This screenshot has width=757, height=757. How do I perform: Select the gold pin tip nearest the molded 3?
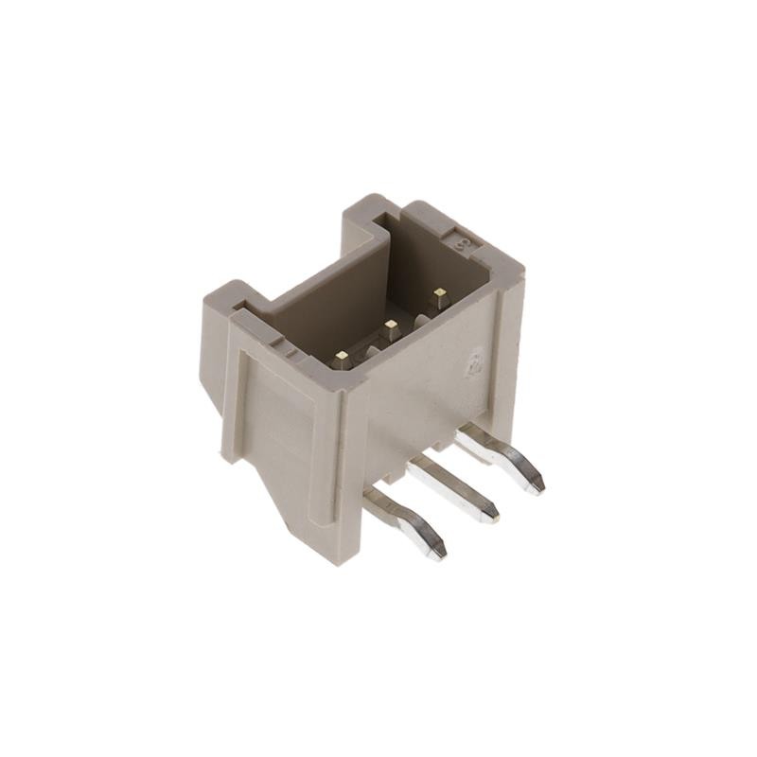pos(437,295)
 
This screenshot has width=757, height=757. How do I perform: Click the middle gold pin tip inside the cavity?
pos(390,327)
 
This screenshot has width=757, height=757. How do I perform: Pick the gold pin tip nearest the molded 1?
pos(343,359)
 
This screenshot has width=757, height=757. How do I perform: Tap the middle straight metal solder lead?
pos(454,484)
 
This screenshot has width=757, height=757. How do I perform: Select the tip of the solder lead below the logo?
pos(537,485)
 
